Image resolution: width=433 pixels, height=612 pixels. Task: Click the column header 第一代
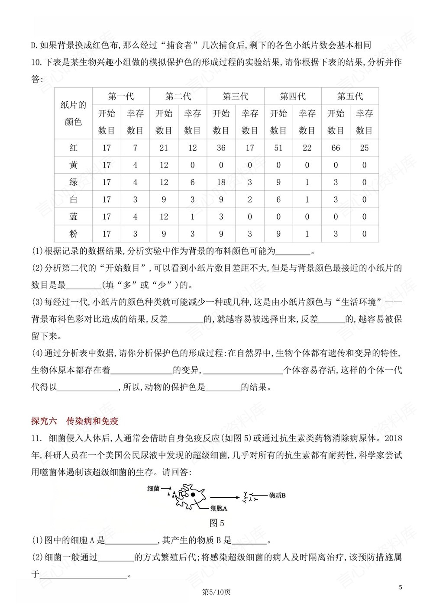(121, 96)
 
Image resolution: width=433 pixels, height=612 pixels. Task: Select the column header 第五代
(350, 96)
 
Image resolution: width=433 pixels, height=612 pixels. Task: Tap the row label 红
(74, 148)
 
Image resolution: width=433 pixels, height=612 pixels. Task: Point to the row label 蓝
(74, 217)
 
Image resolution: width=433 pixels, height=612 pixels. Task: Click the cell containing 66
(336, 148)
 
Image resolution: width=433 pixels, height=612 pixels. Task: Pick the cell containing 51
(278, 148)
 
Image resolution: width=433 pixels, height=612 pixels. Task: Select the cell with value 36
(221, 148)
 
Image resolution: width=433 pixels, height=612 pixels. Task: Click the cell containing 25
(364, 148)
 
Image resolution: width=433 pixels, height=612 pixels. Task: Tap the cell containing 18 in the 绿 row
(221, 182)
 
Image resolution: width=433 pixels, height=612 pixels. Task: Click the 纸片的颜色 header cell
(74, 113)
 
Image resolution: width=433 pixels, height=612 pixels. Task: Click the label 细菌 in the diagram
(153, 488)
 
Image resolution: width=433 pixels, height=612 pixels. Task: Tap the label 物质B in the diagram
(277, 495)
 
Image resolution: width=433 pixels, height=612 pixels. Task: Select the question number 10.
(36, 63)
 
